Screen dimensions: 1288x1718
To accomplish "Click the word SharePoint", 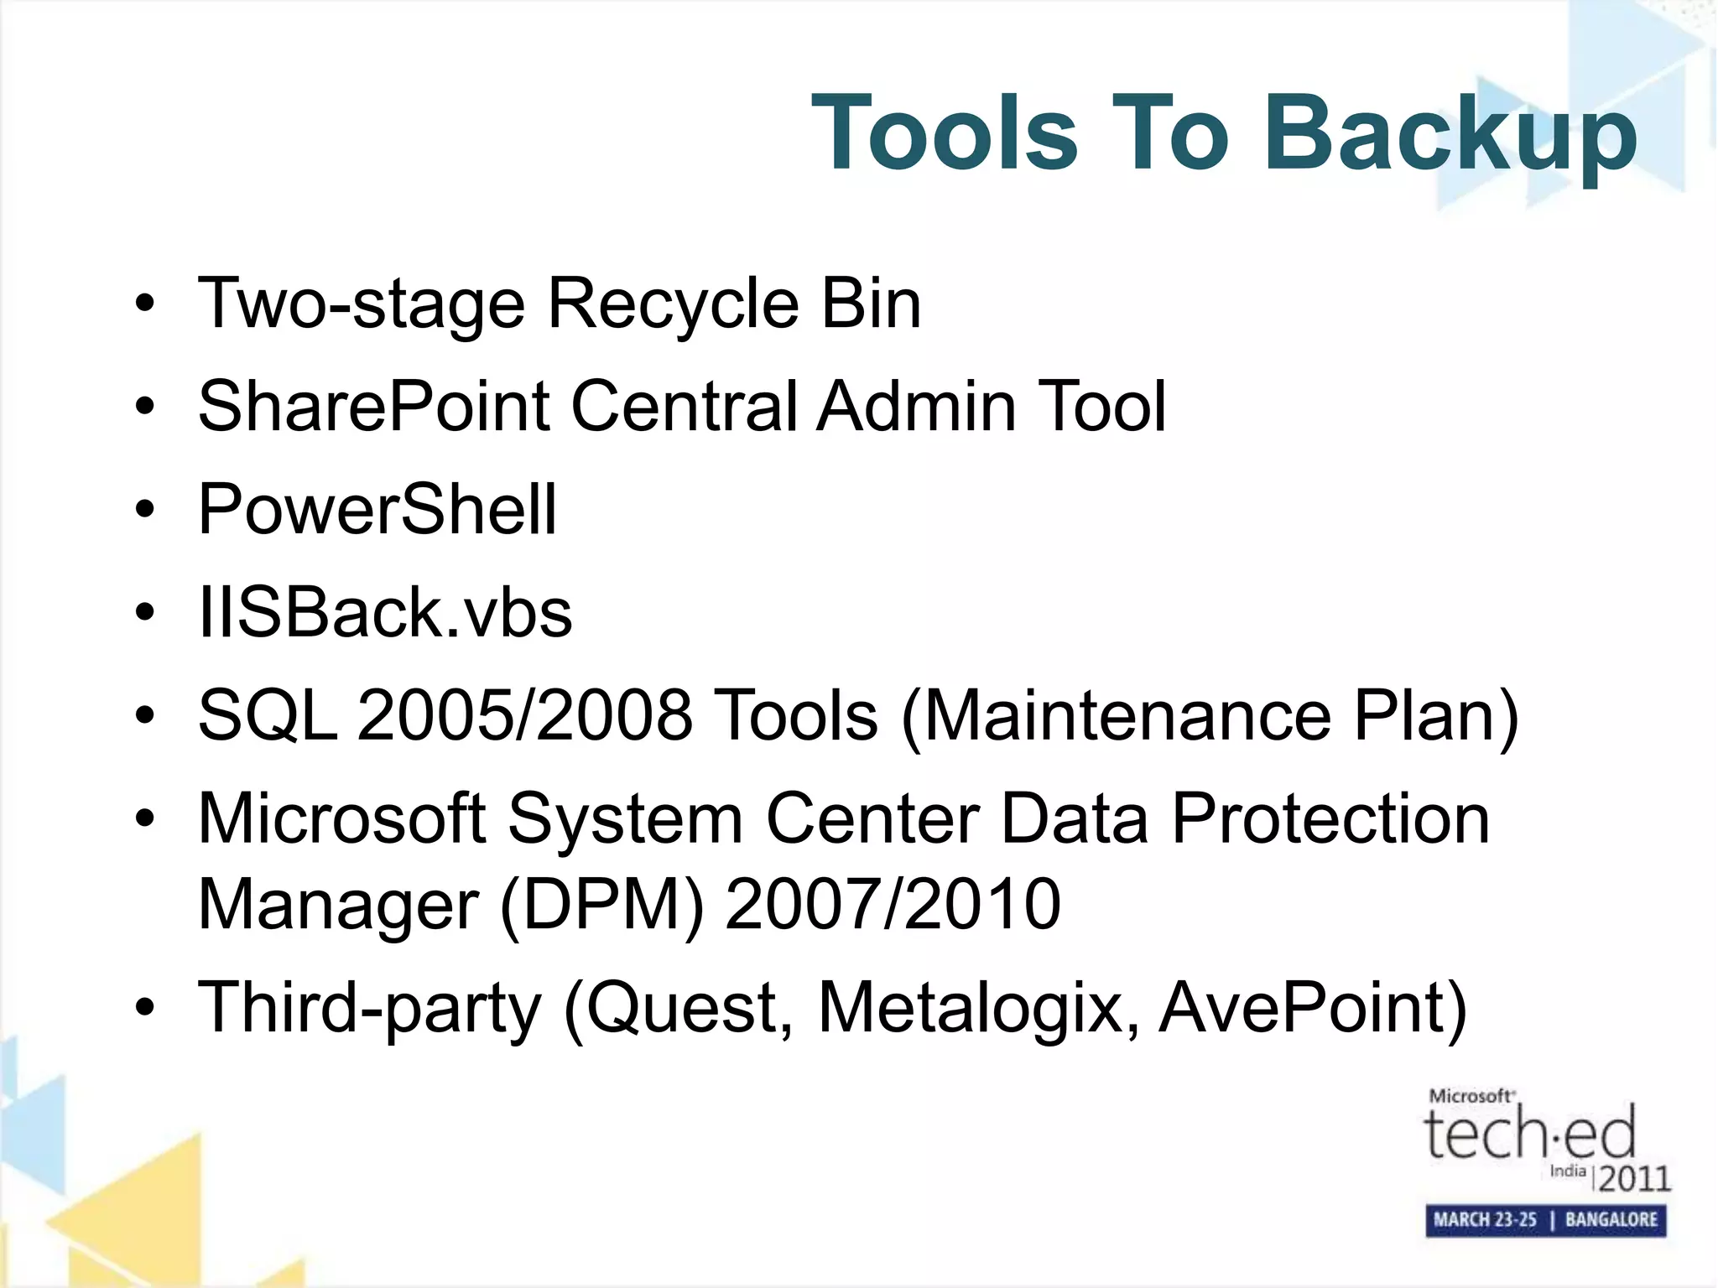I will (374, 407).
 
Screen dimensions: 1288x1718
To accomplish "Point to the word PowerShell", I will (377, 509).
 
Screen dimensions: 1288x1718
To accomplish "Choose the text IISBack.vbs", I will (385, 613).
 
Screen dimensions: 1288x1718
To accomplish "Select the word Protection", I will (1330, 818).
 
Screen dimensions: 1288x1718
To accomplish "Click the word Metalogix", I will (978, 1007).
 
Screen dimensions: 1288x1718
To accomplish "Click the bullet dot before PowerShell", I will (145, 509).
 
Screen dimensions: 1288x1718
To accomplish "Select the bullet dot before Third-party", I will (145, 1007).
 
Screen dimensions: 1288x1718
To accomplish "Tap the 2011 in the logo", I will (1634, 1179).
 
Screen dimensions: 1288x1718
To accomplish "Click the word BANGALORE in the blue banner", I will (1611, 1220).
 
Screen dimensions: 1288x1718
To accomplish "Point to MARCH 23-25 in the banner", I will (1484, 1220).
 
